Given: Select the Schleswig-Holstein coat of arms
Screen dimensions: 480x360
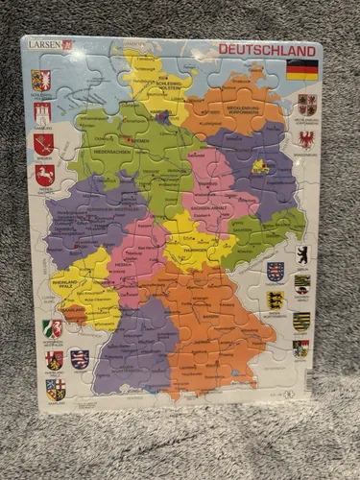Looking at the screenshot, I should coord(41,79).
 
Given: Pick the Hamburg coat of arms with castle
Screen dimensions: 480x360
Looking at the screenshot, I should coord(41,113).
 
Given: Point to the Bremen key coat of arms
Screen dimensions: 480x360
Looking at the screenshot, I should coord(42,144).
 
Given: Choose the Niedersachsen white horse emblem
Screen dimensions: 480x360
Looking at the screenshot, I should coord(43,176).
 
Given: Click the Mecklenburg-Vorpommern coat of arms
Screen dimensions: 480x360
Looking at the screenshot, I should coord(306,104).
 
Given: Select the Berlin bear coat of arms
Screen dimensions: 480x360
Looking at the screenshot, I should coord(301,253).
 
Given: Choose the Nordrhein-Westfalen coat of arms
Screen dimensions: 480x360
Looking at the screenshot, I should coord(54,328).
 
